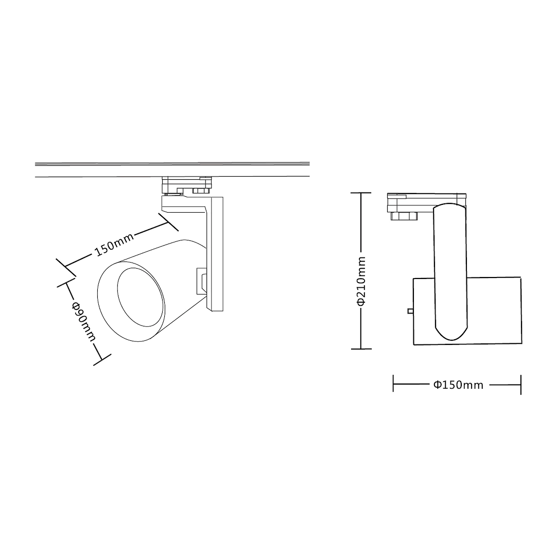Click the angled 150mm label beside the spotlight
114,245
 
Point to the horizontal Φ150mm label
458,385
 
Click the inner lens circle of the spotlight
141,297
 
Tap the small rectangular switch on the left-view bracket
201,281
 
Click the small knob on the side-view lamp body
410,311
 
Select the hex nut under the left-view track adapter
201,191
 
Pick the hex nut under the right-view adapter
404,216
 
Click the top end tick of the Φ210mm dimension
360,193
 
